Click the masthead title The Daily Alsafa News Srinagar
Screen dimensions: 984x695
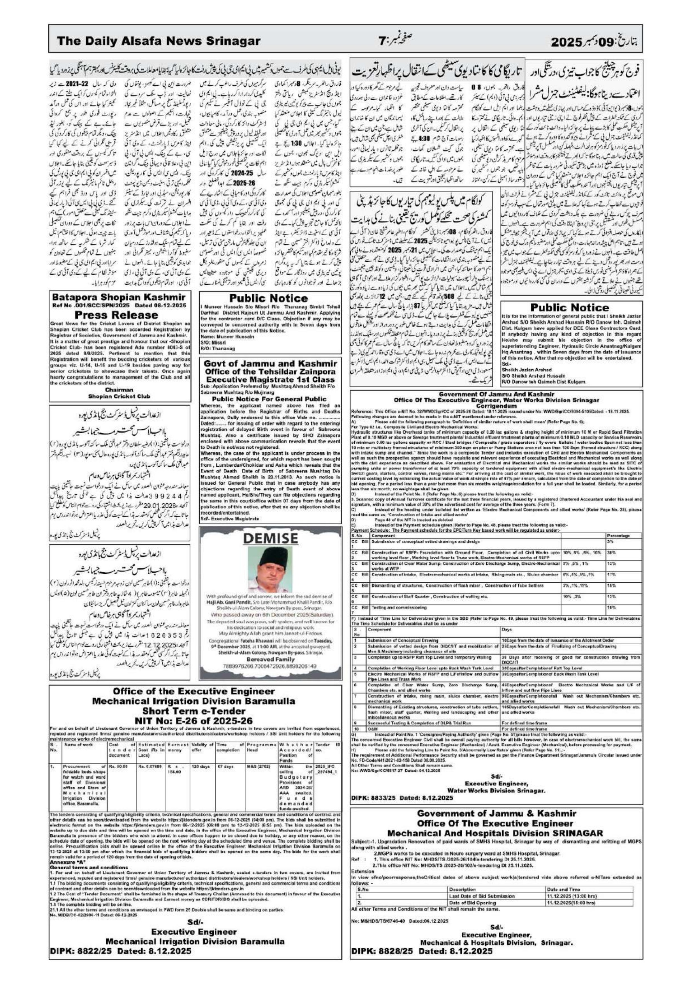coord(158,41)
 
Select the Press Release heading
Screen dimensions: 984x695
coord(120,315)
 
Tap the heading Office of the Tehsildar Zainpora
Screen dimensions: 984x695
coord(270,371)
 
